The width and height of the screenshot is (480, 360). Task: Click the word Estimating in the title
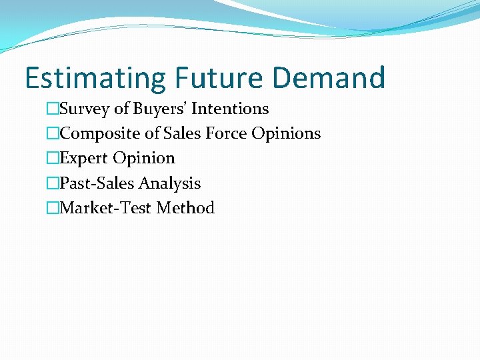click(95, 78)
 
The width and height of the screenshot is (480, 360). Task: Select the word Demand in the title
click(329, 78)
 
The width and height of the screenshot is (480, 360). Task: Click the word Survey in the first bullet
click(83, 109)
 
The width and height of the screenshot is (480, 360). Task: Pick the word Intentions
click(230, 109)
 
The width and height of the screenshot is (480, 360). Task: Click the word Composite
click(100, 133)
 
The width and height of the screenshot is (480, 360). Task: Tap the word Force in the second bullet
click(226, 133)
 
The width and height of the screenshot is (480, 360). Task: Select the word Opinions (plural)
click(286, 133)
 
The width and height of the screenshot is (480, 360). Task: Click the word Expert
click(84, 159)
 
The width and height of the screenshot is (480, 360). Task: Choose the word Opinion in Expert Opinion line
click(144, 159)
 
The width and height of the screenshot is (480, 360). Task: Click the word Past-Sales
click(97, 183)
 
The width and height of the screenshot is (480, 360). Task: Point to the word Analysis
click(169, 183)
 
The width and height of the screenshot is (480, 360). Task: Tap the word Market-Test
click(105, 208)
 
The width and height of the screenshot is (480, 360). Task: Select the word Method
click(185, 208)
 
